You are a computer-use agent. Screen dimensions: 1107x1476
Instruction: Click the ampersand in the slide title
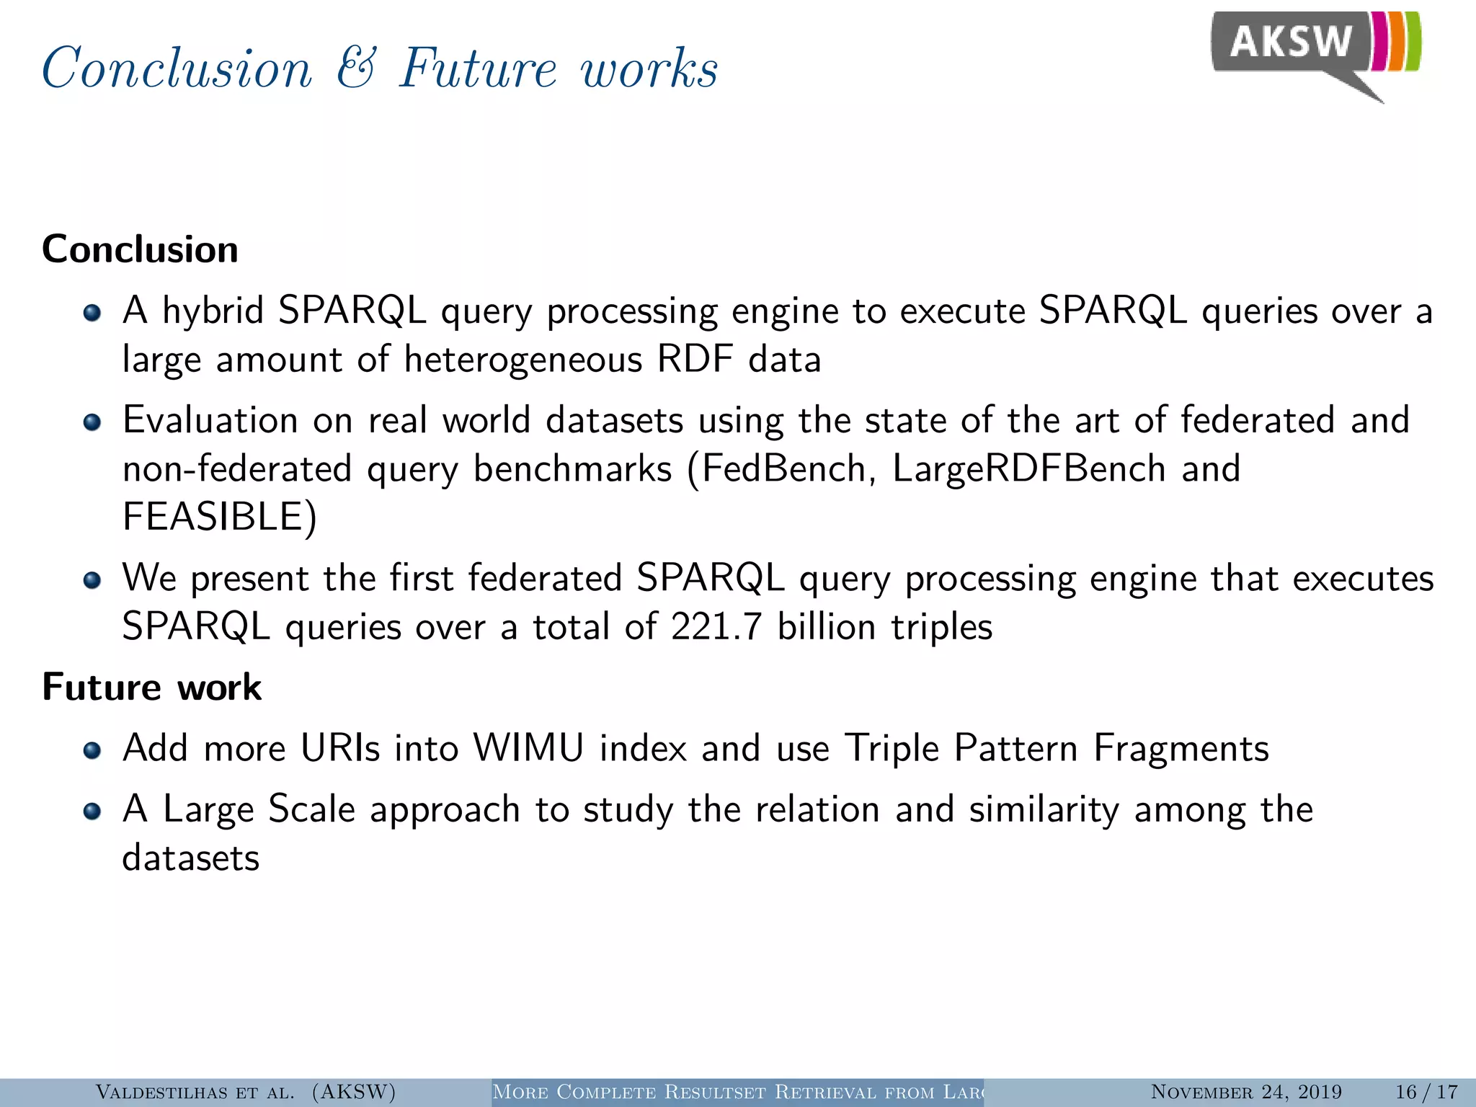tap(356, 68)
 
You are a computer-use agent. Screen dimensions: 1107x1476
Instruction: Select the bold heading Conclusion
tap(140, 249)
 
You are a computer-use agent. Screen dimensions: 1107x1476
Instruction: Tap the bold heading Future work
tap(151, 687)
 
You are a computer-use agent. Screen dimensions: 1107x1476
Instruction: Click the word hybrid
tap(213, 311)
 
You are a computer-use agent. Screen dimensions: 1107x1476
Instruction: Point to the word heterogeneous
tap(523, 360)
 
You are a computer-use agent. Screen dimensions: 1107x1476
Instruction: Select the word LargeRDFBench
tap(1029, 469)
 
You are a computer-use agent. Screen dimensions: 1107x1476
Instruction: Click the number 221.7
tap(716, 626)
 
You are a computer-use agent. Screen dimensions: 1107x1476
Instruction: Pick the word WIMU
tap(528, 748)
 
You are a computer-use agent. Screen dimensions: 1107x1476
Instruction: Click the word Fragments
tap(1181, 748)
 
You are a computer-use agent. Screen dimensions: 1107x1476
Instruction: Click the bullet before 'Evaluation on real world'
tap(92, 422)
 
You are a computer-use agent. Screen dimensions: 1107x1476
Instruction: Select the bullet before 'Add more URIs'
tap(92, 750)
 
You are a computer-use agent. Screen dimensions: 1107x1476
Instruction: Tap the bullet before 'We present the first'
tap(92, 580)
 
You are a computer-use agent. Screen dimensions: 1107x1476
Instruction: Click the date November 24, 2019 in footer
tap(1246, 1092)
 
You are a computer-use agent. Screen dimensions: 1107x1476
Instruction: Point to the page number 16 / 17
tap(1426, 1092)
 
